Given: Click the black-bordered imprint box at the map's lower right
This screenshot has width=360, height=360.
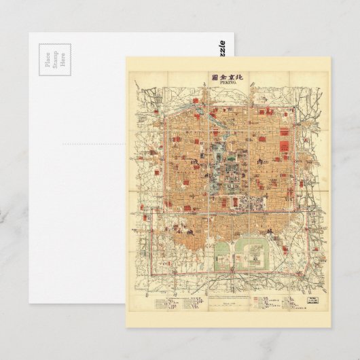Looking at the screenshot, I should (x=314, y=298).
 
